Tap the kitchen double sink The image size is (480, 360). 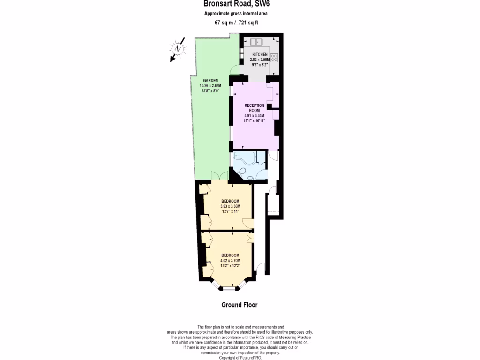(256, 42)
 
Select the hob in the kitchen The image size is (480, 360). (274, 59)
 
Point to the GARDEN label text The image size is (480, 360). (210, 81)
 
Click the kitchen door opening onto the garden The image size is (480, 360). (235, 70)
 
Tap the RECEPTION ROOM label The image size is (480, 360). (254, 107)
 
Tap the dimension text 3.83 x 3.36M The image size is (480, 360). (230, 207)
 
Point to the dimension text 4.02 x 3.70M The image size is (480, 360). (230, 261)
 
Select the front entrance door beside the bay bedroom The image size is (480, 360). (261, 269)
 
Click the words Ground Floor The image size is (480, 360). (239, 305)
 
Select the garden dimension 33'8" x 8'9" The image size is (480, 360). (210, 90)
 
